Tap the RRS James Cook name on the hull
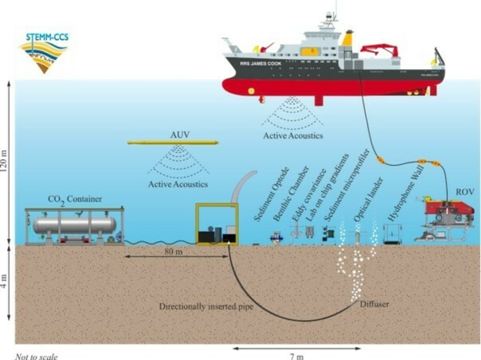coord(260,63)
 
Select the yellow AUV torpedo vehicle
coord(173,142)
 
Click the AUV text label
coord(180,135)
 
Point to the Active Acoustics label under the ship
coord(293,136)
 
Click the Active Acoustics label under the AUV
coord(178,184)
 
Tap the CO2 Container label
coord(75,200)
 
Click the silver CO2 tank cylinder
coord(74,225)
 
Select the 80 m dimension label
coord(173,252)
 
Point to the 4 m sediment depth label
coord(4,281)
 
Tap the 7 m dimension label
coord(297,356)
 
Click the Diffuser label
coord(374,304)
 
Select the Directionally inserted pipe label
coord(206,307)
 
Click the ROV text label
coord(465,192)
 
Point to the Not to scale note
coord(36,357)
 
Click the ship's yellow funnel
coord(347,39)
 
